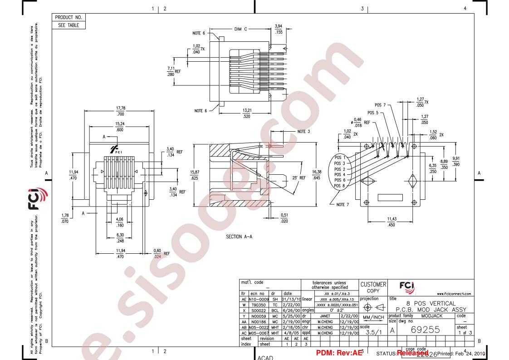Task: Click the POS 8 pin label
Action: (x=340, y=186)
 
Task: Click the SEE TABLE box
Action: (x=69, y=25)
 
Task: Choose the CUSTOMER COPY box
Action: (x=373, y=287)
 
